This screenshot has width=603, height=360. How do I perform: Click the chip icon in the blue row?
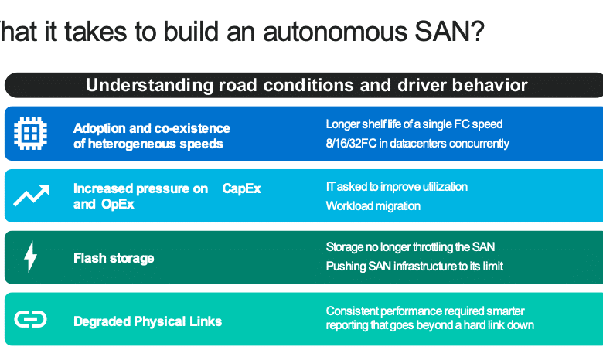click(30, 134)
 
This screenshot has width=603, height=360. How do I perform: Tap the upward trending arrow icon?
click(32, 195)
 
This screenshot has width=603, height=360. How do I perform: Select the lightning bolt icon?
click(30, 256)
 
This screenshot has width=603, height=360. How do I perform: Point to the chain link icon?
click(30, 319)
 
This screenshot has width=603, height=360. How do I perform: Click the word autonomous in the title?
click(335, 32)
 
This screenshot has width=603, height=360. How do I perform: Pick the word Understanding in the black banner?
click(149, 85)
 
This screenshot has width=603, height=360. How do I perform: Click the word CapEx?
click(241, 188)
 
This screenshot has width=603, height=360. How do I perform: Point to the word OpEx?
click(118, 204)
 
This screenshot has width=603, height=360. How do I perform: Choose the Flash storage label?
click(114, 258)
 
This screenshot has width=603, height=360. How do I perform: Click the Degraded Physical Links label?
click(148, 321)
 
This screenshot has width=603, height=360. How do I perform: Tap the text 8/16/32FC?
click(351, 144)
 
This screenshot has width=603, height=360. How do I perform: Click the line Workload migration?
click(373, 206)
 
